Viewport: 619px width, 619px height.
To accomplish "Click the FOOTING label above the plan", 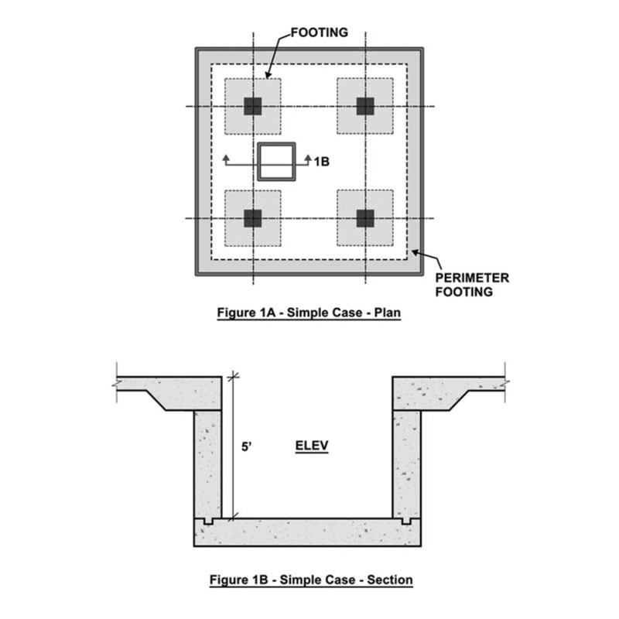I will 319,33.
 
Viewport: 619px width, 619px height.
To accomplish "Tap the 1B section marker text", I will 323,162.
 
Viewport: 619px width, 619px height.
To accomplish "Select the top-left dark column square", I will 253,106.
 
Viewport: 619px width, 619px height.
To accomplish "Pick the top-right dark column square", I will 365,106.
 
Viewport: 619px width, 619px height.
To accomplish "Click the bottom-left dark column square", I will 253,218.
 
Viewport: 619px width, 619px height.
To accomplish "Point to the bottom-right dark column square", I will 365,218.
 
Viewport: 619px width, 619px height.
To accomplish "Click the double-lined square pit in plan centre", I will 276,162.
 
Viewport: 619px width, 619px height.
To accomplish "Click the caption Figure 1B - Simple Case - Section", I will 309,579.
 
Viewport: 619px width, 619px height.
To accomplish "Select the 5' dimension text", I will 246,446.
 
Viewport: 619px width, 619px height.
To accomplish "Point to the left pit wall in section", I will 207,464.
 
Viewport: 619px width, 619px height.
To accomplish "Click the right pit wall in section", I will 407,464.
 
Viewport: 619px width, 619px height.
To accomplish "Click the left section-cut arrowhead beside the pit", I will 226,158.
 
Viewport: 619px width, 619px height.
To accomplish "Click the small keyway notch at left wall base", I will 207,522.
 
